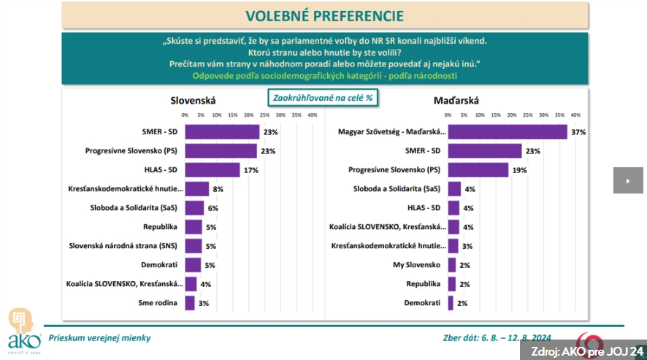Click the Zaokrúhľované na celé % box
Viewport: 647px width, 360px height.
click(323, 97)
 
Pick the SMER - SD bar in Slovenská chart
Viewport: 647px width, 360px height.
click(222, 131)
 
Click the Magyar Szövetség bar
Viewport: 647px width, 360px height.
click(507, 131)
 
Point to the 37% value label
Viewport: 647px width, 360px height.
click(578, 132)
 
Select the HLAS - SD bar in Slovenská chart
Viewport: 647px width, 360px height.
click(212, 169)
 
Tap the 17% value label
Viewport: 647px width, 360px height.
click(251, 170)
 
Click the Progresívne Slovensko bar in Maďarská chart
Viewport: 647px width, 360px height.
click(478, 169)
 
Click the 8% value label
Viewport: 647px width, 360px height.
click(218, 189)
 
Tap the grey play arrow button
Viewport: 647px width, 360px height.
click(627, 180)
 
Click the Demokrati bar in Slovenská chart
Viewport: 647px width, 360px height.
click(193, 265)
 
